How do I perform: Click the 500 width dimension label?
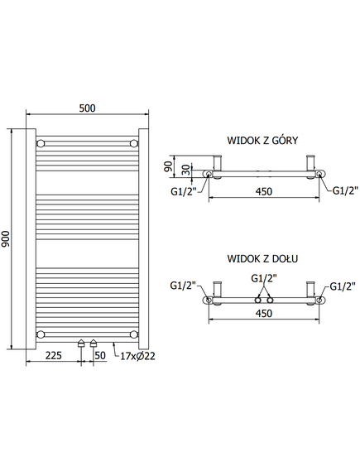(x=88, y=108)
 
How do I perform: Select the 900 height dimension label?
(x=6, y=238)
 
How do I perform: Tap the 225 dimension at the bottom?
(x=54, y=355)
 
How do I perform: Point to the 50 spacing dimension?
(x=100, y=355)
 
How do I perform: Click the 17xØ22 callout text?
(x=138, y=356)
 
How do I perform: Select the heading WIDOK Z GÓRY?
(x=262, y=140)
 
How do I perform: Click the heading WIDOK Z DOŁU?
(x=262, y=258)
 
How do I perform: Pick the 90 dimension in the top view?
(x=169, y=166)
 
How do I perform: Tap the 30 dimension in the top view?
(x=186, y=170)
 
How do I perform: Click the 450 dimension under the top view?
(x=264, y=191)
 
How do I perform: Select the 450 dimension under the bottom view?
(x=264, y=313)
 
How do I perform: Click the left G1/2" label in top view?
(x=183, y=191)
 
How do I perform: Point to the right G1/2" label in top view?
(x=345, y=190)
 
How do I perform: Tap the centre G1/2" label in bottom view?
(x=264, y=278)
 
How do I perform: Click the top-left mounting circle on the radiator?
(x=41, y=143)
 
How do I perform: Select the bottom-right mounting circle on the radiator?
(x=134, y=334)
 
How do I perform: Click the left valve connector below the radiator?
(x=81, y=344)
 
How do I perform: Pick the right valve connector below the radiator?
(x=94, y=344)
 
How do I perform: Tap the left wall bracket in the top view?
(x=218, y=163)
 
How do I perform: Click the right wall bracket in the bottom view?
(x=310, y=289)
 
